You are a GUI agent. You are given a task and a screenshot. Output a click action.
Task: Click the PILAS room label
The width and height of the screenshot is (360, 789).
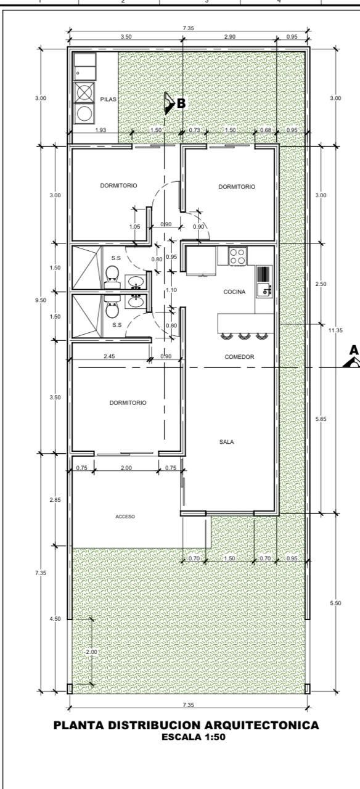point(108,99)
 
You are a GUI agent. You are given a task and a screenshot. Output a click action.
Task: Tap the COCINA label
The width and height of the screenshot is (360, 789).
point(234,292)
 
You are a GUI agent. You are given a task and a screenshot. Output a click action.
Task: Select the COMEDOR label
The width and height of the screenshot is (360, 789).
point(239,357)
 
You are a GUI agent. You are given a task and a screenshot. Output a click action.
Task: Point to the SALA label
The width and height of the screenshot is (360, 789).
point(226,442)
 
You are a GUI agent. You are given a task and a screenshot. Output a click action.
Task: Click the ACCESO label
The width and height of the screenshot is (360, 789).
point(125,517)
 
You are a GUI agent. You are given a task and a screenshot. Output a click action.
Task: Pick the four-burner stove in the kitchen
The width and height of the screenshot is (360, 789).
point(237,256)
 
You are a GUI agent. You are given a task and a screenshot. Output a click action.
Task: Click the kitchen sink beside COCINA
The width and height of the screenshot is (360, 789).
point(264,282)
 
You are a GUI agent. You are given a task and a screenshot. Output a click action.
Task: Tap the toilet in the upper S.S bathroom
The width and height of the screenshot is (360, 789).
point(112,276)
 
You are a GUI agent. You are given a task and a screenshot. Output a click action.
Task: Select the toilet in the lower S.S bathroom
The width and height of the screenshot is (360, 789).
point(112,308)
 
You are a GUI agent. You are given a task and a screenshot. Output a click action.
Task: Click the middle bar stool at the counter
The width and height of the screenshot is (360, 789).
point(244,336)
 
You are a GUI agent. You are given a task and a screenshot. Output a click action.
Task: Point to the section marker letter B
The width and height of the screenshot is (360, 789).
point(181,104)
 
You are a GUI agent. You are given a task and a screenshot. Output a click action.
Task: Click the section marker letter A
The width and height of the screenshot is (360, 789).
point(354,350)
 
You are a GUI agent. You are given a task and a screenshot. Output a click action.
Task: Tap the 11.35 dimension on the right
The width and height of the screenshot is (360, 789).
point(335,330)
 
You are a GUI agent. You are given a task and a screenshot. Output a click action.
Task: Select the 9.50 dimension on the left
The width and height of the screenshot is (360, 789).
point(41,300)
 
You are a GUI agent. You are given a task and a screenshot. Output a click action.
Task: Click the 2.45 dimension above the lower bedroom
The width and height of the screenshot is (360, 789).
point(109,356)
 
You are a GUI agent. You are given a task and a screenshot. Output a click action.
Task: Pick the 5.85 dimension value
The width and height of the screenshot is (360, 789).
point(321,419)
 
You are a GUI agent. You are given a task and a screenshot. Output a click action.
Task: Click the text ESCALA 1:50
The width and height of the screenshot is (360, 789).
point(194,737)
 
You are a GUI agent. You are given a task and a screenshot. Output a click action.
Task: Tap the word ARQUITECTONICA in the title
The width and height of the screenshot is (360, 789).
point(262,726)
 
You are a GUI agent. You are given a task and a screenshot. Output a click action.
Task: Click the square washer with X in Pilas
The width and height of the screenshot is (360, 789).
point(84,92)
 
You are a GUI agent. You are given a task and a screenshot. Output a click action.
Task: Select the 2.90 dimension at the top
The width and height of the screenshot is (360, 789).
point(230,36)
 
